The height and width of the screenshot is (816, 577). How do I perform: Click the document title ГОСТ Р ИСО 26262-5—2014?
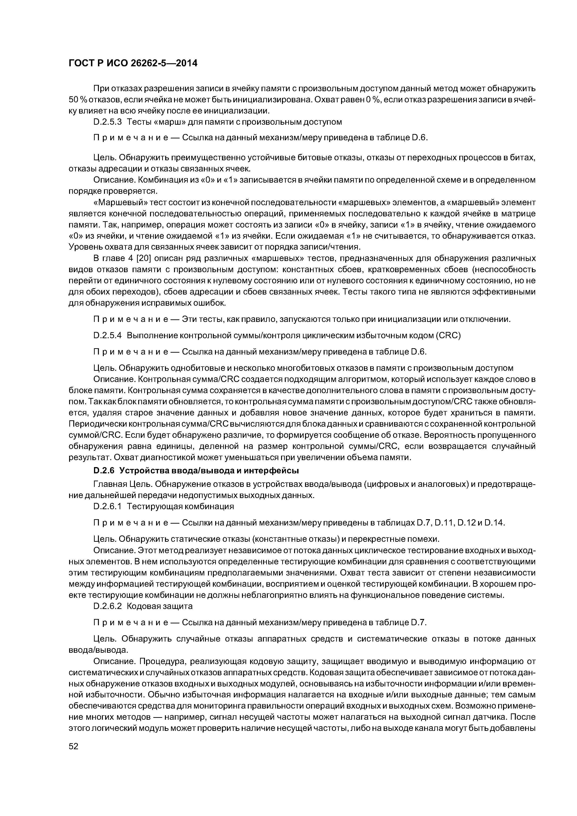(133, 63)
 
